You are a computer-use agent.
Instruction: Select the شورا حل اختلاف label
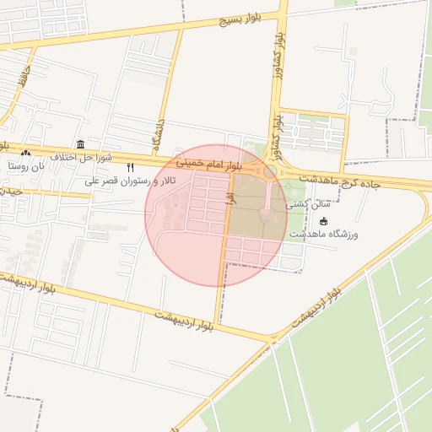pos(81,158)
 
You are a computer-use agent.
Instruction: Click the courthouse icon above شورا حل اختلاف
pos(80,144)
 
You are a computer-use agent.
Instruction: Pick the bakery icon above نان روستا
pos(25,154)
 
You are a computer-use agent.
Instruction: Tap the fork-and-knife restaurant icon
pos(130,168)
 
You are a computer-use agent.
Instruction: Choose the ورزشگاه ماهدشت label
pos(326,233)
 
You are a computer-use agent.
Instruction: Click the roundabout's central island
pos(269,172)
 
